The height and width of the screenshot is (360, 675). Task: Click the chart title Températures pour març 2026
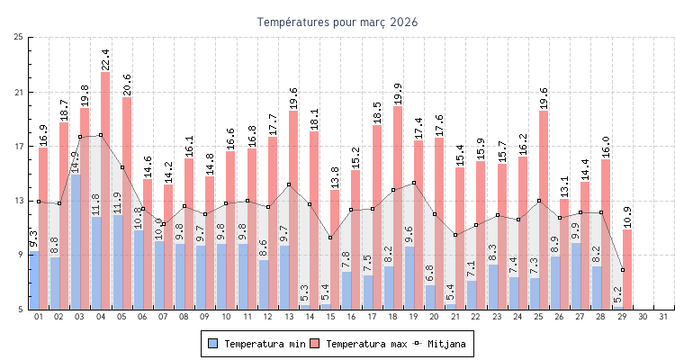click(x=337, y=22)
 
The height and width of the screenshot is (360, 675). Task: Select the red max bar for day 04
click(x=105, y=189)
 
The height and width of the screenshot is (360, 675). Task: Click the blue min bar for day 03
click(x=76, y=241)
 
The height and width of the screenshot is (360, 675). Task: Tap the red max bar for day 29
click(x=627, y=269)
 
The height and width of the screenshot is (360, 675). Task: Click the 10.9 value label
click(x=627, y=217)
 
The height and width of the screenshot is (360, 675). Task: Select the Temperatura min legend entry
click(x=256, y=344)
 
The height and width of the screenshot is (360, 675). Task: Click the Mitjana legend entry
click(x=444, y=344)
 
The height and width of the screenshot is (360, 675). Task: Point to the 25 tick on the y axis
click(x=18, y=37)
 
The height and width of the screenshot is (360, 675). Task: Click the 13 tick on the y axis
click(x=18, y=201)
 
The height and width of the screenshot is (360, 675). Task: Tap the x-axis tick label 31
click(x=663, y=317)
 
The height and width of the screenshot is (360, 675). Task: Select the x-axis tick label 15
click(x=329, y=317)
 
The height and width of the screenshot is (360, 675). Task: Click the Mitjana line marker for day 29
click(x=622, y=270)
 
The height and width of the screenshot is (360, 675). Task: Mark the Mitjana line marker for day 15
click(x=330, y=238)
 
